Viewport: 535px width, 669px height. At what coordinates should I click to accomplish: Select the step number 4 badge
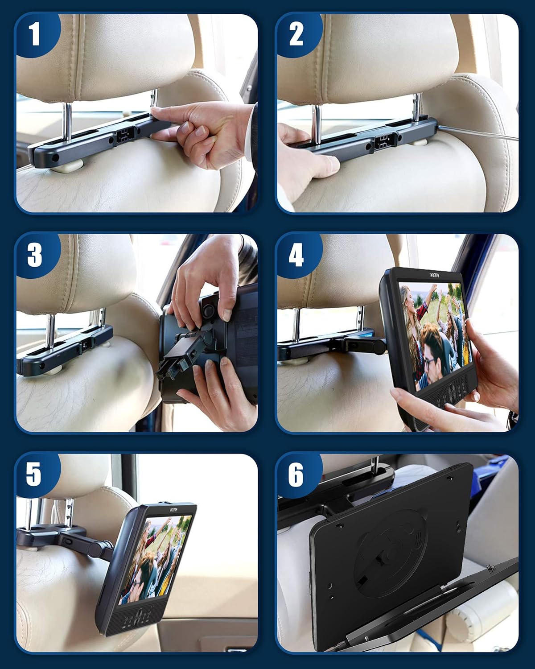296,255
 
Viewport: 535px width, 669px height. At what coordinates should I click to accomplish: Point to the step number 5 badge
34,474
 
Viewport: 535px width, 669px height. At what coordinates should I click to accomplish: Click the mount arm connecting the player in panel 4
361,344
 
